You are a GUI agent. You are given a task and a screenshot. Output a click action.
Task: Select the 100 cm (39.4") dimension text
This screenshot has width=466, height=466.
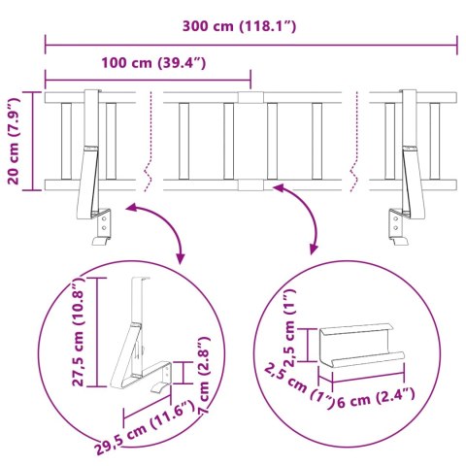coord(152,64)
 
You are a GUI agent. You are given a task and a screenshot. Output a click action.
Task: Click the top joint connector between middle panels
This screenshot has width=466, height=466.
coord(250,97)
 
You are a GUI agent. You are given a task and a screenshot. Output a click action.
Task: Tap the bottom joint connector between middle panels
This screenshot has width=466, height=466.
coord(250,184)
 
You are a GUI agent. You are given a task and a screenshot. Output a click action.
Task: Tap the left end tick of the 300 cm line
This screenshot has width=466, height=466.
coord(45,44)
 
